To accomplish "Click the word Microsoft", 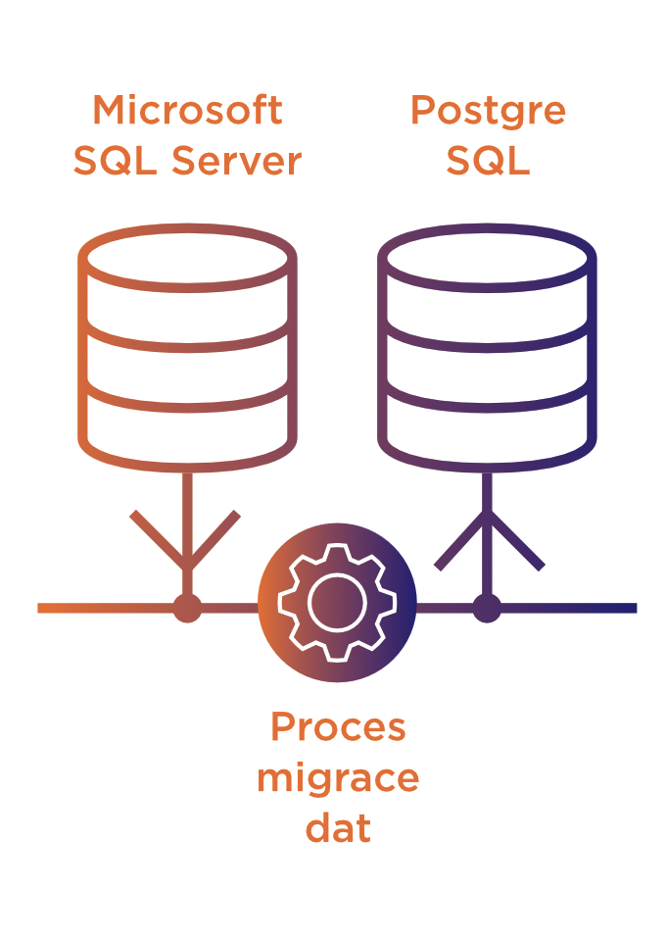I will (187, 111).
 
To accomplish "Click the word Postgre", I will (488, 111).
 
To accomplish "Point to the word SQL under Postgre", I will (488, 161).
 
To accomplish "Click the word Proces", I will (338, 727).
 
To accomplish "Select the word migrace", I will (338, 778).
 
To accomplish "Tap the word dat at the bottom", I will (338, 828).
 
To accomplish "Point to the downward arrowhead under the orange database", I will (186, 549).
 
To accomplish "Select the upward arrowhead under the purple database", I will (488, 534).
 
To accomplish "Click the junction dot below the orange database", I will (187, 608).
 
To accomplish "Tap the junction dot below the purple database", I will (487, 608).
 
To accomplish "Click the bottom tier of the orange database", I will (187, 426).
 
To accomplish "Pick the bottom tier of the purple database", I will (487, 426).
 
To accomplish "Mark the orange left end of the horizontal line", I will (45, 608).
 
